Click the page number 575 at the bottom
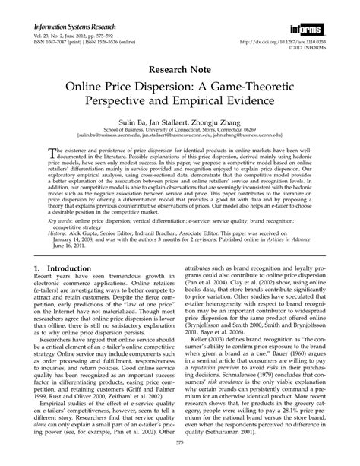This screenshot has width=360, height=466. pyautogui.click(x=180, y=456)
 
